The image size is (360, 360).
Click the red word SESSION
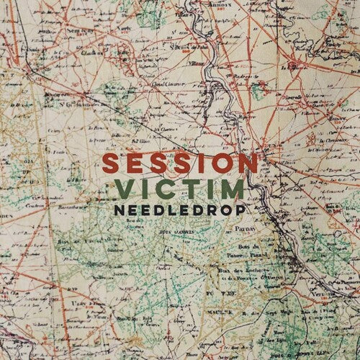click(179, 162)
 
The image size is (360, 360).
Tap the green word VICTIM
click(179, 190)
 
